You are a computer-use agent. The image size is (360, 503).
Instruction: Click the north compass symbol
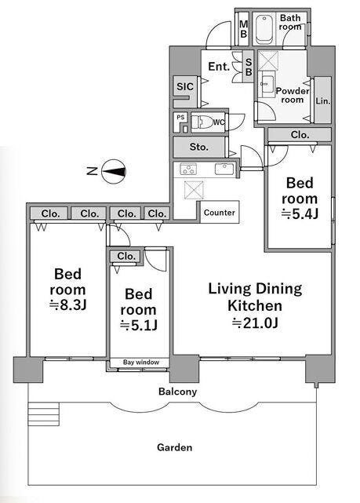point(114,172)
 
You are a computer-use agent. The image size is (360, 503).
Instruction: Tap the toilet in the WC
point(202,122)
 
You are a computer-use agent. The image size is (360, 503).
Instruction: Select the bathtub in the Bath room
point(264,29)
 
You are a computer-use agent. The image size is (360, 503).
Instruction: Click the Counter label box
point(220,213)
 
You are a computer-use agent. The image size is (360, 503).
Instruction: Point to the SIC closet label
point(185,86)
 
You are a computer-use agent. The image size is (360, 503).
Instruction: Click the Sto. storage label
point(198,147)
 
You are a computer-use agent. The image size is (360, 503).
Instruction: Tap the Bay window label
point(141,363)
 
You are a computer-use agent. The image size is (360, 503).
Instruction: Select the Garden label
point(175,447)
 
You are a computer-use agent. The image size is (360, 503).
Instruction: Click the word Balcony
point(177,392)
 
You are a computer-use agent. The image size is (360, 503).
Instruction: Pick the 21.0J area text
point(255,323)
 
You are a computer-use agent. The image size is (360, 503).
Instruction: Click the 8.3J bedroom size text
point(67,304)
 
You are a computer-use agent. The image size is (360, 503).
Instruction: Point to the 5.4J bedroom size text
point(300,213)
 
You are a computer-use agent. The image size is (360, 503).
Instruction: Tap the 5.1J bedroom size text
point(139,326)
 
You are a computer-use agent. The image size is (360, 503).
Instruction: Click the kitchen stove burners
point(188,169)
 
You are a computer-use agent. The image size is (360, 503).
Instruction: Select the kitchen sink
point(224,169)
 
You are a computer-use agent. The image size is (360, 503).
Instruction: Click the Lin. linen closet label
point(323,100)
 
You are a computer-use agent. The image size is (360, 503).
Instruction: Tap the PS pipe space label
point(181,117)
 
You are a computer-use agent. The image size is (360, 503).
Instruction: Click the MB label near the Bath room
point(244,29)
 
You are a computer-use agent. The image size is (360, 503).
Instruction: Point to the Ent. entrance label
point(219,67)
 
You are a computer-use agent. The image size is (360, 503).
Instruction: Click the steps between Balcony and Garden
point(44,414)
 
